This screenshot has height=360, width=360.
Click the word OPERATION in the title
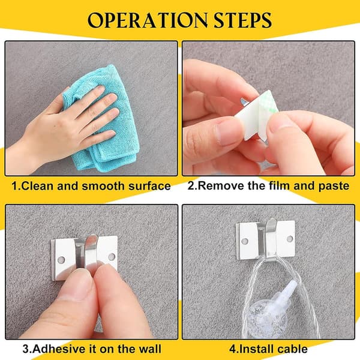pos(148,20)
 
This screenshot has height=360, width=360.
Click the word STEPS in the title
pos(243,20)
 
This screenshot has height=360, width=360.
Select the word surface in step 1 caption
pos(149,186)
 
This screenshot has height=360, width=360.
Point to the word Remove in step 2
pos(221,185)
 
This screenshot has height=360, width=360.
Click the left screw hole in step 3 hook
pos(61,260)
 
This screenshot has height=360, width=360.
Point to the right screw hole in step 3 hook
pos(112,256)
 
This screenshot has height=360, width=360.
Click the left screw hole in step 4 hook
pos(245,241)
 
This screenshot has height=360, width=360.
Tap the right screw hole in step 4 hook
pos(290,239)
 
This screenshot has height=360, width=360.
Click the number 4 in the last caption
pos(232,349)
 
